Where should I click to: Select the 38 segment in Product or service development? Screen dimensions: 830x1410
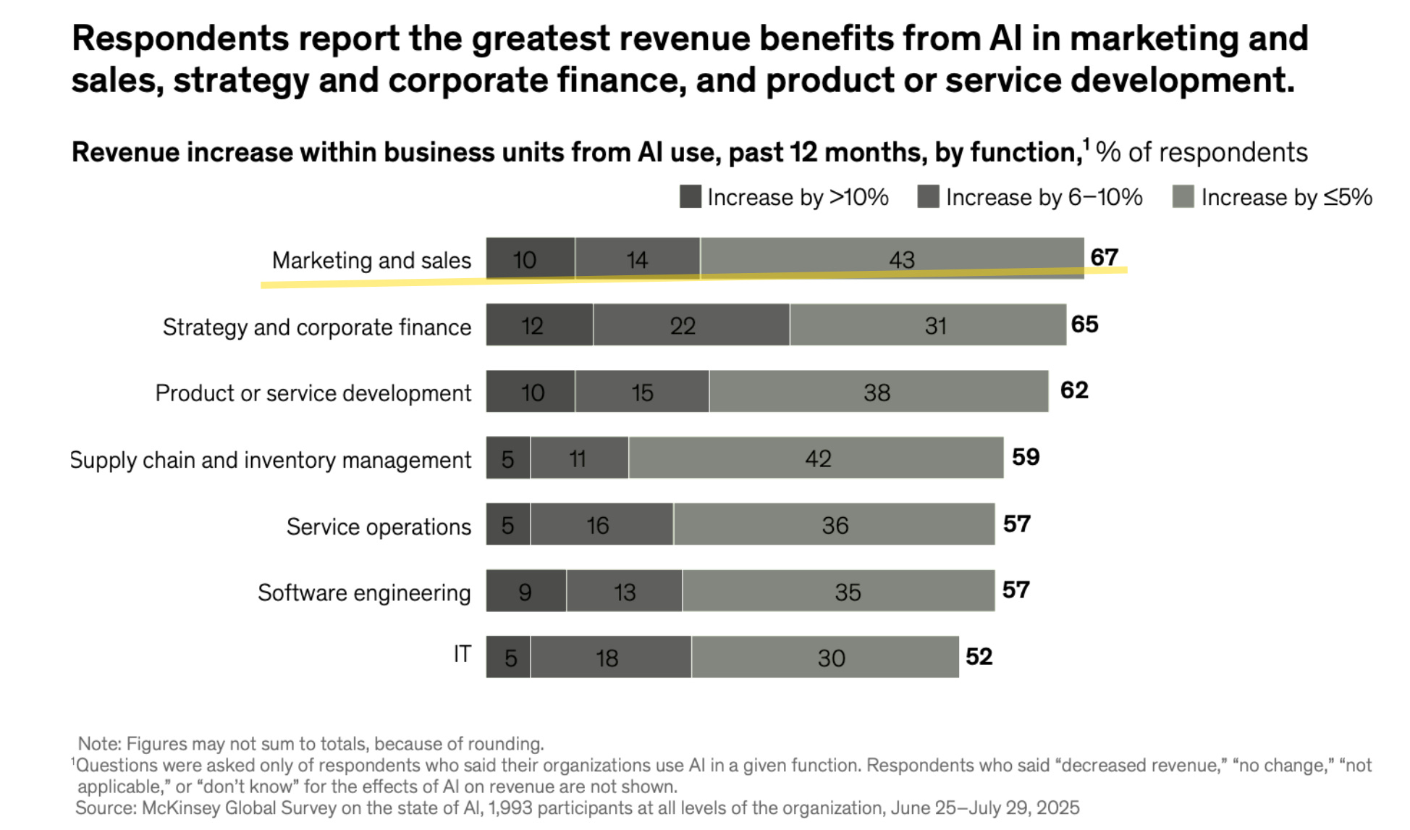pyautogui.click(x=878, y=392)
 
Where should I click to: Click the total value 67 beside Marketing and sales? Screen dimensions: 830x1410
pyautogui.click(x=1105, y=257)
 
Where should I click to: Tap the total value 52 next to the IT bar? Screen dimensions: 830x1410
pyautogui.click(x=979, y=656)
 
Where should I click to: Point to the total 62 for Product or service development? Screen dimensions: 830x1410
pyautogui.click(x=1074, y=390)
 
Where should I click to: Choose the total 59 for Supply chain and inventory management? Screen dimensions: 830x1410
pyautogui.click(x=1026, y=457)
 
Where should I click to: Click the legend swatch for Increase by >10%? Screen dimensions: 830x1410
pyautogui.click(x=691, y=197)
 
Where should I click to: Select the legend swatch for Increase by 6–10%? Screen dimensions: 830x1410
pyautogui.click(x=928, y=197)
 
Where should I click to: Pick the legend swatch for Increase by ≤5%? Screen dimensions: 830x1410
pyautogui.click(x=1183, y=197)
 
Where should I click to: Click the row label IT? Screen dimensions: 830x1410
pyautogui.click(x=462, y=654)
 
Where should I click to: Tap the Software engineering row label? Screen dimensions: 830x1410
pyautogui.click(x=364, y=592)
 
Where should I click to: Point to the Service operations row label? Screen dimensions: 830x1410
pyautogui.click(x=379, y=527)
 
